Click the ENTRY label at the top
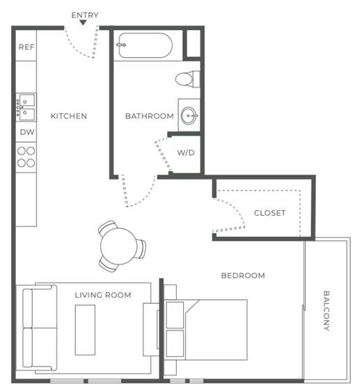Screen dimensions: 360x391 [85, 15]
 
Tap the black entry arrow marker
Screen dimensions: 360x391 [83, 23]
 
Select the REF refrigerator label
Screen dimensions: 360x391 [26, 47]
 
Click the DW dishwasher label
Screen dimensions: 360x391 [27, 132]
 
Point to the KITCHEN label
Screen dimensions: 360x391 [69, 116]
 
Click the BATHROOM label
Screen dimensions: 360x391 [149, 116]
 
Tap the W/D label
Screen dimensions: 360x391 [186, 152]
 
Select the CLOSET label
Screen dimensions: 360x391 [269, 213]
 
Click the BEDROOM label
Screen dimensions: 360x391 [243, 276]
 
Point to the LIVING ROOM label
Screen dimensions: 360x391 [103, 295]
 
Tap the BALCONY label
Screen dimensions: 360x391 [327, 311]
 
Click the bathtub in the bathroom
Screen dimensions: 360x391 [146, 45]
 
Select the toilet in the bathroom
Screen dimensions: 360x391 [188, 79]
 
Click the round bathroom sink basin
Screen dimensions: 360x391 [189, 115]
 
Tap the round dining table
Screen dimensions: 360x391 [118, 246]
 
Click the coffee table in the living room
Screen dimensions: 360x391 [85, 330]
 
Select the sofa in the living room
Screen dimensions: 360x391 [40, 328]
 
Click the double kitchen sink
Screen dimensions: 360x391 [26, 107]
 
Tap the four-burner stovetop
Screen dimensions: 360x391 [26, 157]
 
